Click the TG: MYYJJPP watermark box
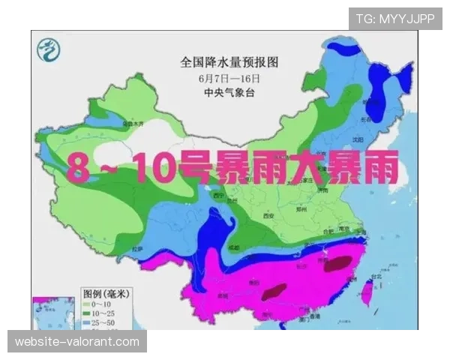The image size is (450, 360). click(x=394, y=18)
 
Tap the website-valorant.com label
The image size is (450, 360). click(x=77, y=342)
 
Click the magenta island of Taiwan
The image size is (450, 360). click(x=369, y=289)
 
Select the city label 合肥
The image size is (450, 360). click(x=327, y=230)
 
